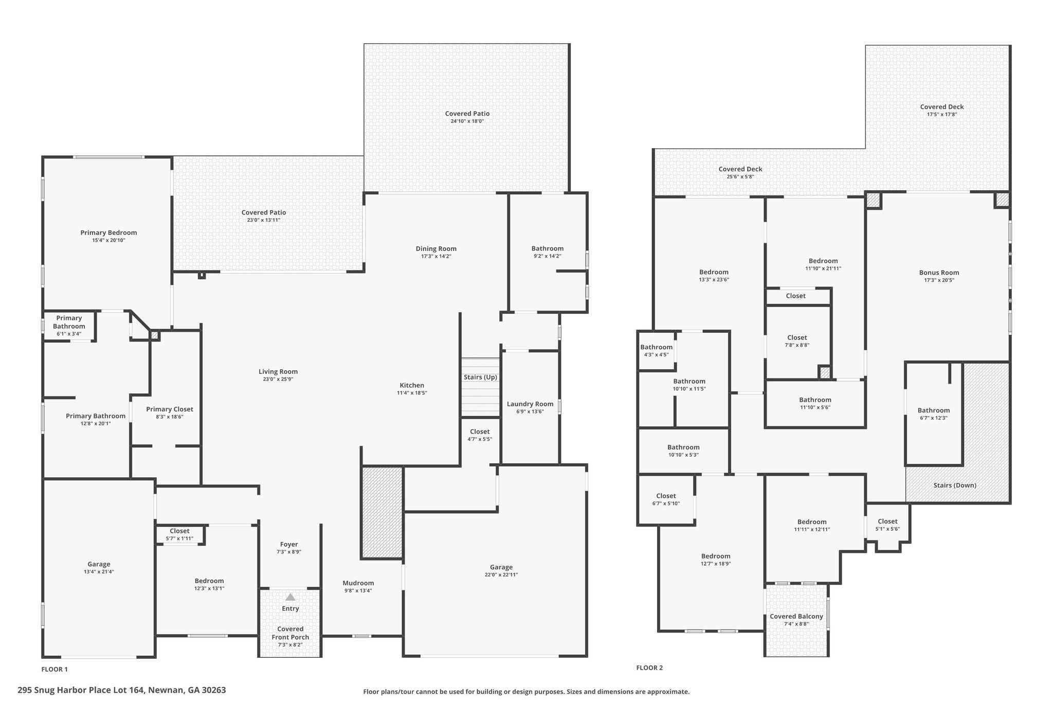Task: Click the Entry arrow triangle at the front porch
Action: click(291, 597)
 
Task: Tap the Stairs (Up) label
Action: click(480, 377)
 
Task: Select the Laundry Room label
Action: click(530, 404)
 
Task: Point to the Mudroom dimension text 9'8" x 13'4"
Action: click(358, 590)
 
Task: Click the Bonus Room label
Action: click(939, 273)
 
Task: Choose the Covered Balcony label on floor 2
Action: click(796, 616)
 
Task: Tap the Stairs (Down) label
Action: click(955, 485)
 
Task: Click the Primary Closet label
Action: click(170, 409)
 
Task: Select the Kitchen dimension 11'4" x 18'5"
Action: click(412, 393)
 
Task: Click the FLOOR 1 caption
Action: click(55, 669)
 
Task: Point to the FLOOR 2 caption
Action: click(649, 668)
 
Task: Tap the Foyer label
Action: click(289, 544)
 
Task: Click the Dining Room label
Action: click(436, 249)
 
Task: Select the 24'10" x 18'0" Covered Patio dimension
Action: click(467, 121)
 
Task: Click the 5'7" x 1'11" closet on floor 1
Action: click(179, 538)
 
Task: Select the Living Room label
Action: click(278, 372)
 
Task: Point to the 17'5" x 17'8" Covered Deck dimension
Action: click(942, 115)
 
